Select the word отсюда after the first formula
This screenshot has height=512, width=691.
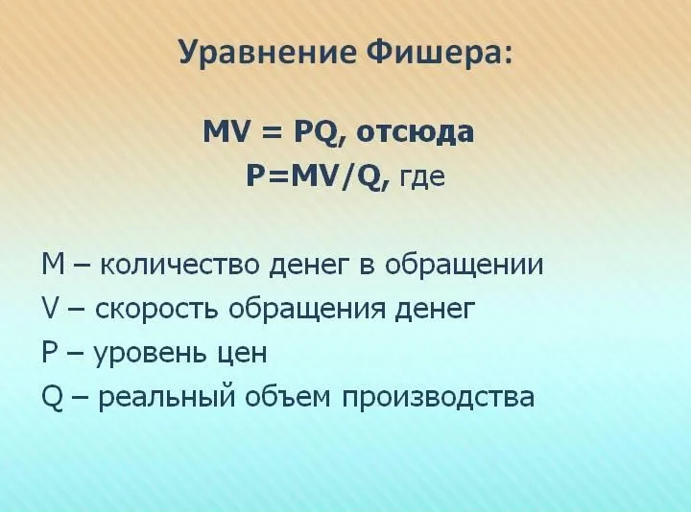click(x=415, y=132)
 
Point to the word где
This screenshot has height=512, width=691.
click(x=421, y=177)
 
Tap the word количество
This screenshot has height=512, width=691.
click(x=179, y=264)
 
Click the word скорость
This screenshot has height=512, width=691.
click(x=156, y=309)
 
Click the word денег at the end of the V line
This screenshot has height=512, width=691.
click(x=436, y=309)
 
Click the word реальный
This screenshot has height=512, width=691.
click(x=166, y=397)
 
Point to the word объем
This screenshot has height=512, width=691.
click(x=287, y=396)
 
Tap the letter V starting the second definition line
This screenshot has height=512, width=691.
click(x=52, y=307)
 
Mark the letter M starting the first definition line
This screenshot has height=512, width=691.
click(x=54, y=264)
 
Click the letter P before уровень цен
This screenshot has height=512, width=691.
click(x=51, y=351)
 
